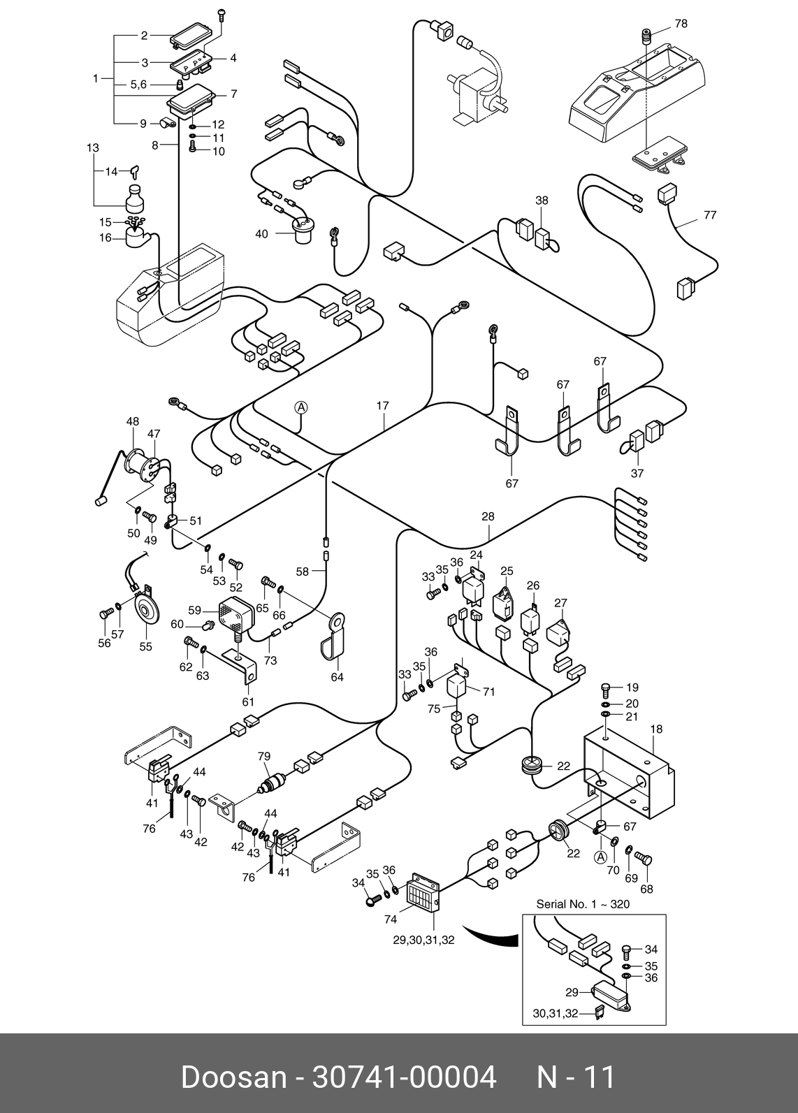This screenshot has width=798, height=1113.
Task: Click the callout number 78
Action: (x=681, y=24)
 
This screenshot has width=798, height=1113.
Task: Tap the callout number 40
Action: (x=261, y=234)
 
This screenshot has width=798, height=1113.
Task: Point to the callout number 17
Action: (x=382, y=406)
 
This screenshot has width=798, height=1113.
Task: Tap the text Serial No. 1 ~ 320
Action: (x=583, y=904)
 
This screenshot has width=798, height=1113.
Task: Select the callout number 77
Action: (x=710, y=215)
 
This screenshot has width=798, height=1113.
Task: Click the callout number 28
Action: (x=488, y=517)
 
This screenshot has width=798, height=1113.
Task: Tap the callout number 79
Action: (x=263, y=757)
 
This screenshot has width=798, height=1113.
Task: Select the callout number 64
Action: (x=337, y=677)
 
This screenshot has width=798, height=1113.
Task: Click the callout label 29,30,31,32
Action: (x=423, y=940)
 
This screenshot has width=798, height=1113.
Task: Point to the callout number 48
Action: (x=133, y=421)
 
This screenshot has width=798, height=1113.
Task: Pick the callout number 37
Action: (x=637, y=473)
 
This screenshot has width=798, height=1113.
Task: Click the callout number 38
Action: (x=542, y=201)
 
